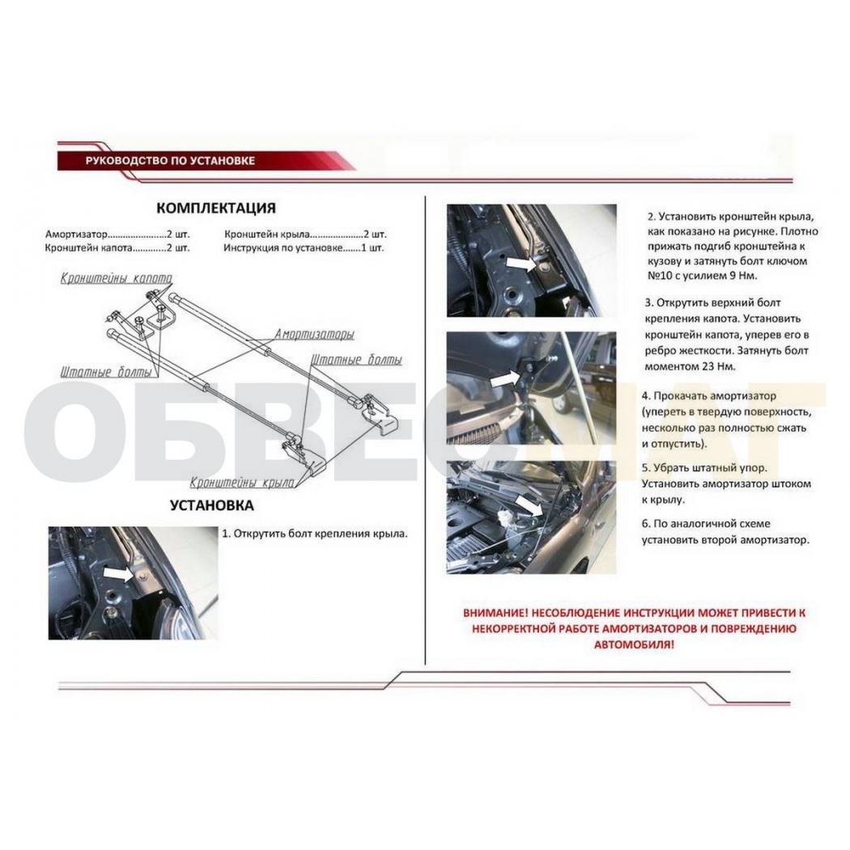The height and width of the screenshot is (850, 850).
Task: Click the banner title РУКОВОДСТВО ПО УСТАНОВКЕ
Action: pyautogui.click(x=170, y=160)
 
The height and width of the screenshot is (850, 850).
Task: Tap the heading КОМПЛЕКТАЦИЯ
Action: pyautogui.click(x=216, y=208)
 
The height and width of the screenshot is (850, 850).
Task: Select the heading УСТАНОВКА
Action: pyautogui.click(x=212, y=505)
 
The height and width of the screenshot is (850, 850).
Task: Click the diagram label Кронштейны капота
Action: pyautogui.click(x=116, y=278)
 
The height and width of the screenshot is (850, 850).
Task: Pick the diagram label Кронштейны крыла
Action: pyautogui.click(x=242, y=482)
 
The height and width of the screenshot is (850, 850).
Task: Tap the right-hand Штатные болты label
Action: pyautogui.click(x=357, y=360)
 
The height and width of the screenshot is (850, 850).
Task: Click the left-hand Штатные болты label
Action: pyautogui.click(x=106, y=372)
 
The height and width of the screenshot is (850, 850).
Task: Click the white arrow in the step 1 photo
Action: pyautogui.click(x=119, y=573)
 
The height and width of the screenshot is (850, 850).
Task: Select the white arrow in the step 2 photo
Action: pyautogui.click(x=521, y=265)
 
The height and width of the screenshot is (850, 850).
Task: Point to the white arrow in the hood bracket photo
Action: pyautogui.click(x=505, y=378)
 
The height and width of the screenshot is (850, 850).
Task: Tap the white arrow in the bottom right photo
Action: pyautogui.click(x=528, y=505)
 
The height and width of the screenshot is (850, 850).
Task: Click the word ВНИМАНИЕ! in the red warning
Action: pyautogui.click(x=495, y=613)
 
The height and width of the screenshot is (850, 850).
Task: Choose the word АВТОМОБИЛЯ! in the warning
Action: pyautogui.click(x=634, y=645)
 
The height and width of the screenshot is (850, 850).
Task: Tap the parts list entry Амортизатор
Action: pyautogui.click(x=76, y=235)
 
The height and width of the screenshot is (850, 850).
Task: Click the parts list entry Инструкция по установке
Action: pyautogui.click(x=283, y=249)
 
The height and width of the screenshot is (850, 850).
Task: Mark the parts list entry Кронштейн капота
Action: pyautogui.click(x=89, y=249)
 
